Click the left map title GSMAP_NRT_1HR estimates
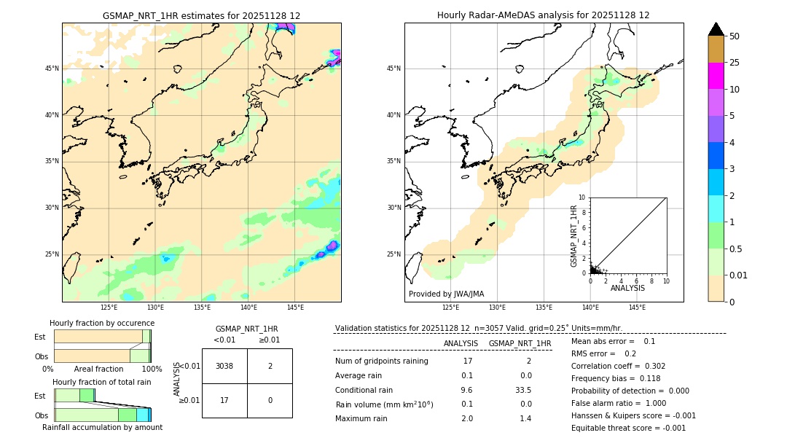(x=201, y=15)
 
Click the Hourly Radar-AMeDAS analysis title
(x=544, y=15)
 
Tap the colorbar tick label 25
(x=735, y=63)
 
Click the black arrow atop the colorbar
(x=716, y=29)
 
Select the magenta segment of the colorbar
(x=716, y=76)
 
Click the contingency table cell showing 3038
(x=224, y=366)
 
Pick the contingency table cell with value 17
(x=224, y=400)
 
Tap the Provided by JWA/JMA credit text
(x=446, y=294)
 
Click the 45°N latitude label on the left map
(x=52, y=69)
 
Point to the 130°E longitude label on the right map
(x=497, y=308)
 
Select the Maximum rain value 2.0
(x=467, y=418)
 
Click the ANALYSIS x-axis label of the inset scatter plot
(x=627, y=288)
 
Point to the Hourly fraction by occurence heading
(x=102, y=323)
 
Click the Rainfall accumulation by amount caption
(x=102, y=427)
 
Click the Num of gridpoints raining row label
(x=382, y=361)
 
